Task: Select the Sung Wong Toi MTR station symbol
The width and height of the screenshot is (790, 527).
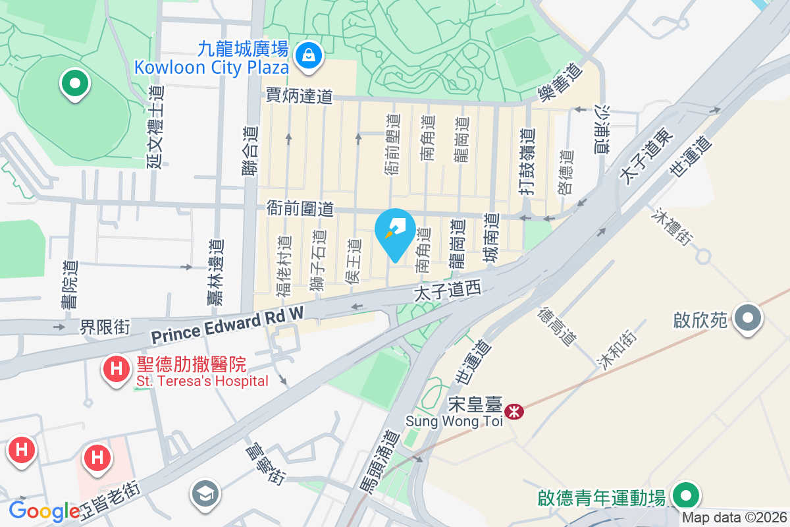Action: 513,412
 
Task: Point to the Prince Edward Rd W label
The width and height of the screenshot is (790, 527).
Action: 227,325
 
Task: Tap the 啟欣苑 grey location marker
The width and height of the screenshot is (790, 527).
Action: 747,320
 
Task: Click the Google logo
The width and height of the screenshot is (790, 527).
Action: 45,511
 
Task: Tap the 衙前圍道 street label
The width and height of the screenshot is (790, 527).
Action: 300,209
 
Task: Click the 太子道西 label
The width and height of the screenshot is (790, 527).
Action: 448,292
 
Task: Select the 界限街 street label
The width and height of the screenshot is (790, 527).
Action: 105,325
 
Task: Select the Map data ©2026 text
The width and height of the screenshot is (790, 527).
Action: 733,518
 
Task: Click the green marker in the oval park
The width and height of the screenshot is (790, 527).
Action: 74,84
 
